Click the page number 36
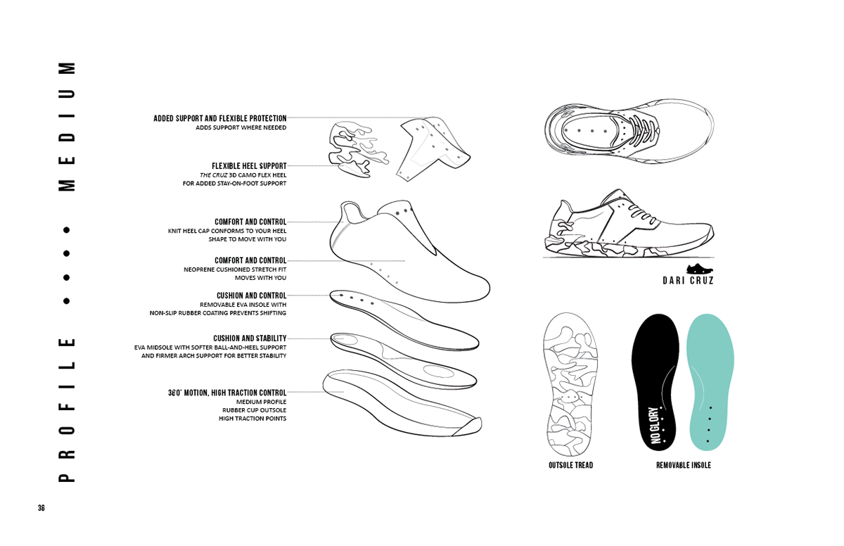coord(41,508)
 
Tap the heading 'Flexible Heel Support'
coord(249,167)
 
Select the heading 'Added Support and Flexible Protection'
coord(220,119)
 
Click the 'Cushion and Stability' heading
coord(250,338)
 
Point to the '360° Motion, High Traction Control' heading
coord(227,393)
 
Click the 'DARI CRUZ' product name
coord(688,281)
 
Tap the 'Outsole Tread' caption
coord(570,465)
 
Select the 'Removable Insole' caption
coord(683,465)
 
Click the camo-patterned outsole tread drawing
coord(570,383)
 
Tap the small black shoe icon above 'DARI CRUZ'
coord(701,268)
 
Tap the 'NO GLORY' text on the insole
coord(656,426)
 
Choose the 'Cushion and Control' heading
coord(251,296)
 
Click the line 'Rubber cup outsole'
coord(254,410)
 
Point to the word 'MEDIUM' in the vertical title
coord(67,127)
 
